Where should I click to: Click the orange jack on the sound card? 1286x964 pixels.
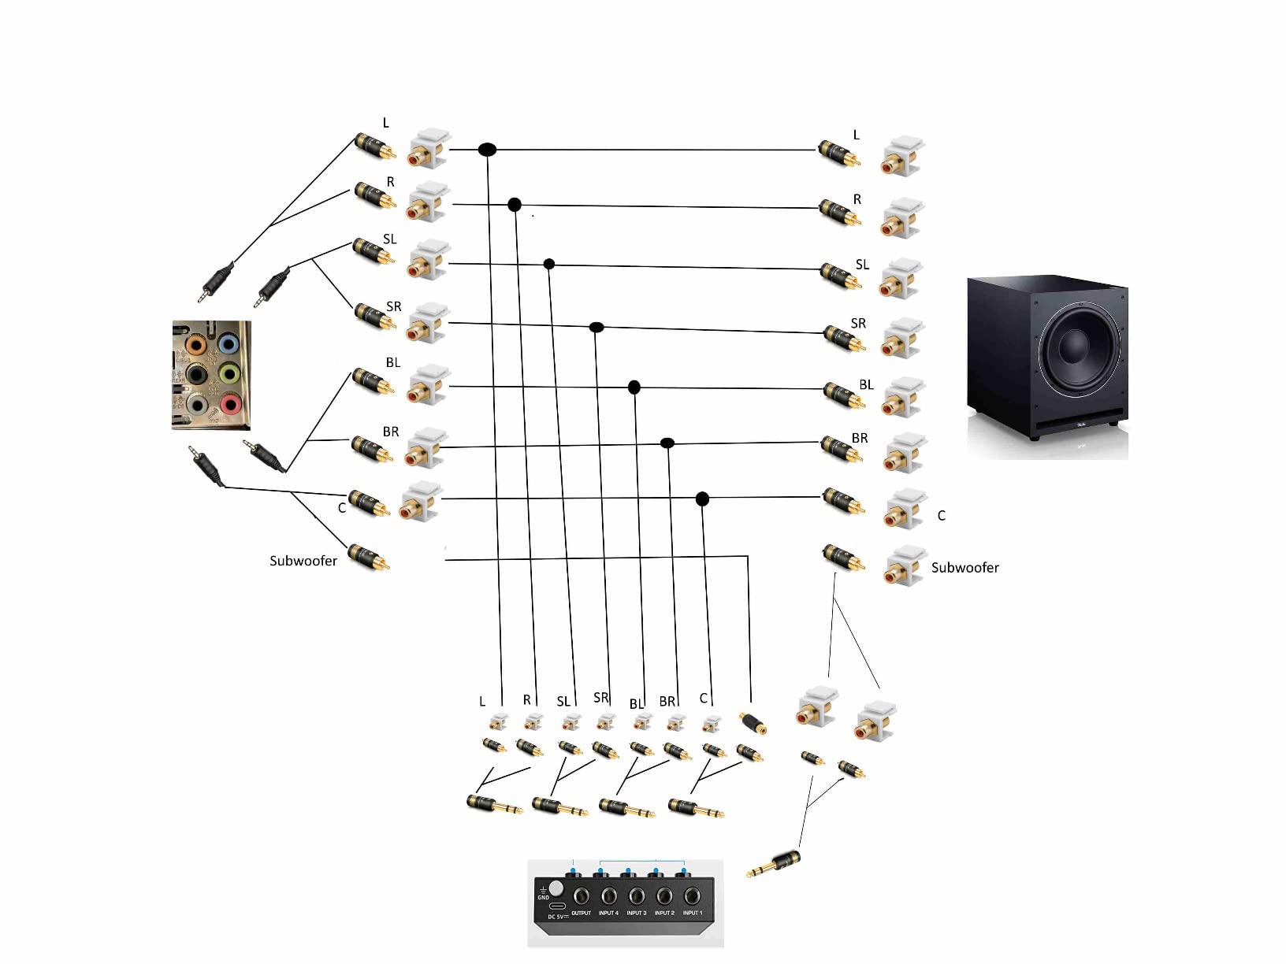[x=195, y=344]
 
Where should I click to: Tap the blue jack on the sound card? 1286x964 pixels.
[x=229, y=343]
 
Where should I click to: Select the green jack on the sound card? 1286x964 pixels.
[x=229, y=373]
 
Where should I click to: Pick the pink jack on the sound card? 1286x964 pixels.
[x=230, y=404]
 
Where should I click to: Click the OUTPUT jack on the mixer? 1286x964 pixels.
[x=581, y=896]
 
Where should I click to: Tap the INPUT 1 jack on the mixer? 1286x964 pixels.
[x=692, y=896]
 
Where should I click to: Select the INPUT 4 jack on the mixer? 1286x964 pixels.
[x=608, y=896]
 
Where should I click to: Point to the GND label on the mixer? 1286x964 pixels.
[x=543, y=898]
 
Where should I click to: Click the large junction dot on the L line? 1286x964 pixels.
[x=487, y=149]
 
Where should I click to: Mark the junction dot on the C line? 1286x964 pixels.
[x=702, y=499]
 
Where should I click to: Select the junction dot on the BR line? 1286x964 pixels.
[x=667, y=443]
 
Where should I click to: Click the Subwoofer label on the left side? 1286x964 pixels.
[x=303, y=561]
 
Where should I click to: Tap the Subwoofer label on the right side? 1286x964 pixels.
[x=964, y=568]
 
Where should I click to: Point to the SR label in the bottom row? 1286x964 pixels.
[x=600, y=698]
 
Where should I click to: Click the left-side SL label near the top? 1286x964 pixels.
[x=389, y=239]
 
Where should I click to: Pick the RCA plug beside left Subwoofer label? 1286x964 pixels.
[x=369, y=557]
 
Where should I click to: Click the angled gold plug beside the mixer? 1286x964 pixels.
[x=776, y=863]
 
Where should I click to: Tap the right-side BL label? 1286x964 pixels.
[x=866, y=385]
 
